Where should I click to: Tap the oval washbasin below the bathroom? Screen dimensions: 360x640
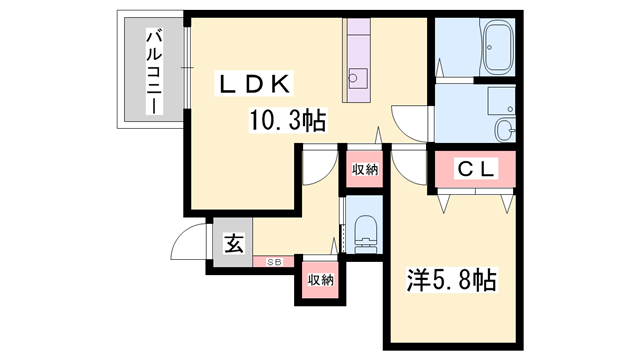506,128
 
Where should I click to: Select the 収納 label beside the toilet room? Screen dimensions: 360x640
365,169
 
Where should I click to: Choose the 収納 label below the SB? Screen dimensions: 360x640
319,279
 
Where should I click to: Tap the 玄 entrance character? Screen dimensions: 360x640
232,242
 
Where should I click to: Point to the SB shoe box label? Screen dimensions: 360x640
273,262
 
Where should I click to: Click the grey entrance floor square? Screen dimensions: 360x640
232,243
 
